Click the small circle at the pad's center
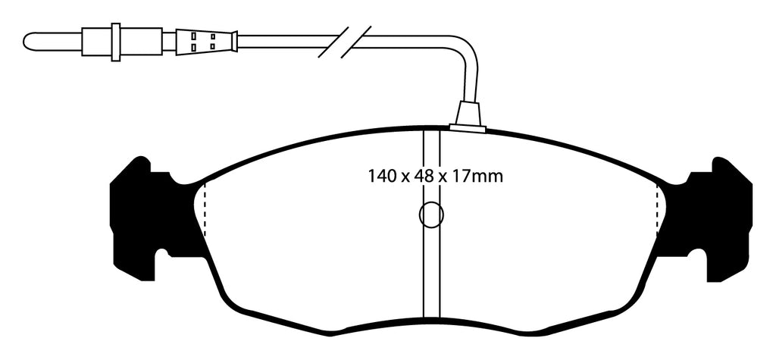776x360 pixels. click(x=431, y=215)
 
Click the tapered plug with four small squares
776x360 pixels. click(x=205, y=41)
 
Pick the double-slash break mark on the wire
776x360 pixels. click(x=345, y=41)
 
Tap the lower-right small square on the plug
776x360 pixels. click(x=213, y=47)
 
